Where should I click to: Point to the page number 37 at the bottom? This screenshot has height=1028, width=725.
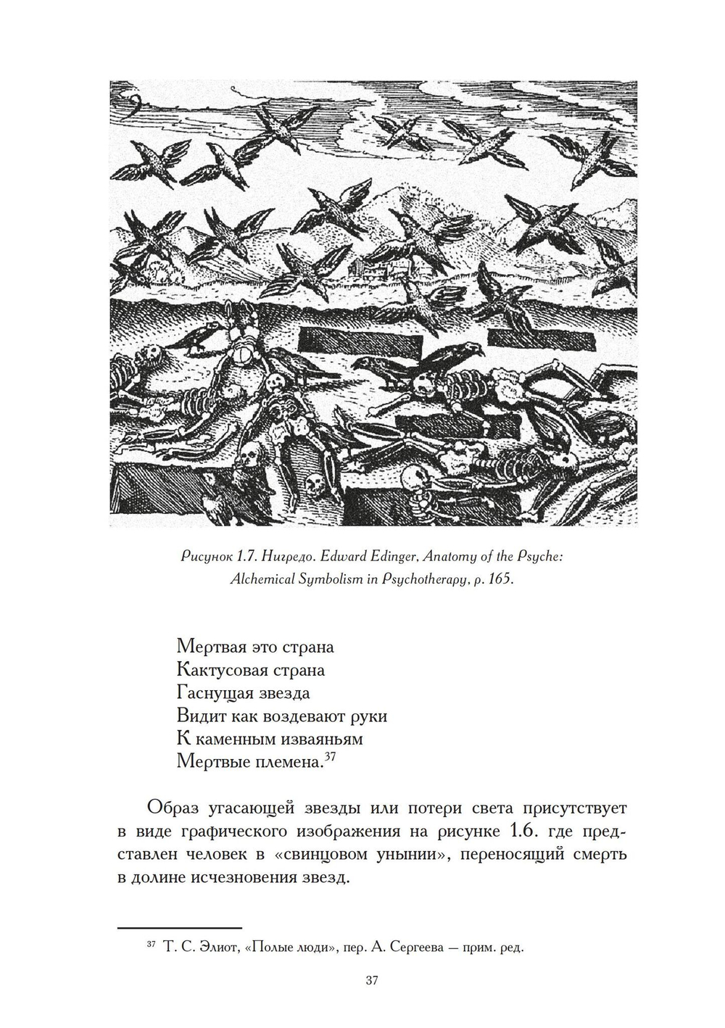370,981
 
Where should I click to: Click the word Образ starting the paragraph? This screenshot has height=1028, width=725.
170,807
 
